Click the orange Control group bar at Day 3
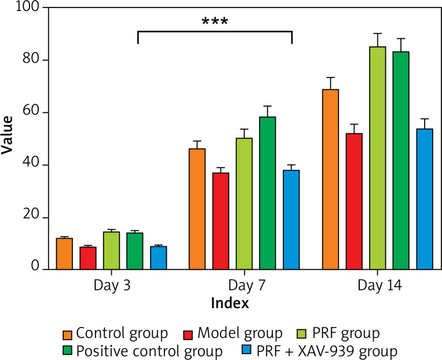64,254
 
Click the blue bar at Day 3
158,258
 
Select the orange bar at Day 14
331,179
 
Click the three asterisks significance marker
214,23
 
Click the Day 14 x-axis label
377,286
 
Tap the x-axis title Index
230,303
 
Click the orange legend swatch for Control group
68,334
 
